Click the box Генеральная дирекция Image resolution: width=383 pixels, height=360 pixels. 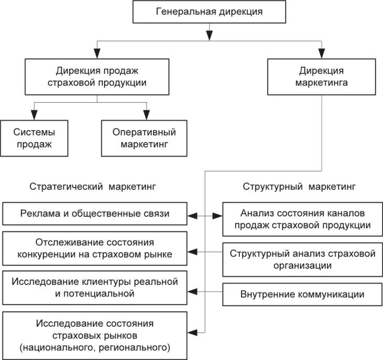click(x=209, y=12)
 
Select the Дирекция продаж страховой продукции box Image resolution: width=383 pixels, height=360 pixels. click(x=97, y=76)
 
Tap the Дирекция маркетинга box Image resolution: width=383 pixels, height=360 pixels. click(x=321, y=76)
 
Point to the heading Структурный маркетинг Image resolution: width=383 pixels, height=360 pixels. click(x=299, y=187)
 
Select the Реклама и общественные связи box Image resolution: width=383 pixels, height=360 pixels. click(x=95, y=214)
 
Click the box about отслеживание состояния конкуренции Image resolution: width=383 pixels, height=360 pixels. click(x=95, y=248)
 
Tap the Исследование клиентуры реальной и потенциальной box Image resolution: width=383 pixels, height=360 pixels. click(x=95, y=288)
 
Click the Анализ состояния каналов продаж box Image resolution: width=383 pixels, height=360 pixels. click(x=302, y=219)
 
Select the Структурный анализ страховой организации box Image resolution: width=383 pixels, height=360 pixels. click(x=302, y=259)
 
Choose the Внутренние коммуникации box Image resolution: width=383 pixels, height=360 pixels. click(x=302, y=294)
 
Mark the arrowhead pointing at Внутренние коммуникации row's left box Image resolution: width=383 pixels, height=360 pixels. click(x=192, y=291)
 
